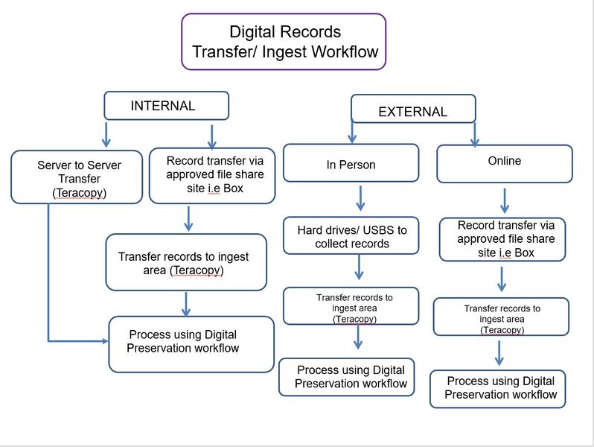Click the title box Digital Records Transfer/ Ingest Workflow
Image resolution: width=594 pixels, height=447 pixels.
pyautogui.click(x=284, y=42)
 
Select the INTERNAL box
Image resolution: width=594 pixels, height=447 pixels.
pyautogui.click(x=165, y=106)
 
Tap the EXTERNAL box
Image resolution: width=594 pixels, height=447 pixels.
pyautogui.click(x=413, y=110)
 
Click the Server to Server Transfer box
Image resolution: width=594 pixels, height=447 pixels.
pyautogui.click(x=77, y=177)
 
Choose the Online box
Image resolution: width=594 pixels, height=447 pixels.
pyautogui.click(x=504, y=163)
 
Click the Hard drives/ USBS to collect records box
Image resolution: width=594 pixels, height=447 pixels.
pyautogui.click(x=351, y=235)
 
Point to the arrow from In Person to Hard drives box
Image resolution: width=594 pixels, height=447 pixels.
pyautogui.click(x=360, y=197)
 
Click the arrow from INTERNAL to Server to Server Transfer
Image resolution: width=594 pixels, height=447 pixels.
pyautogui.click(x=106, y=134)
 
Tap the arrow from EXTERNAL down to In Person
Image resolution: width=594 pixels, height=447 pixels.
pyautogui.click(x=352, y=130)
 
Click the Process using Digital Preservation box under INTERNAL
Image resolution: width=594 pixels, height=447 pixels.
pyautogui.click(x=191, y=343)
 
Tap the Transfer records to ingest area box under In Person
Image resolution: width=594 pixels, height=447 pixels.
pyautogui.click(x=354, y=308)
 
